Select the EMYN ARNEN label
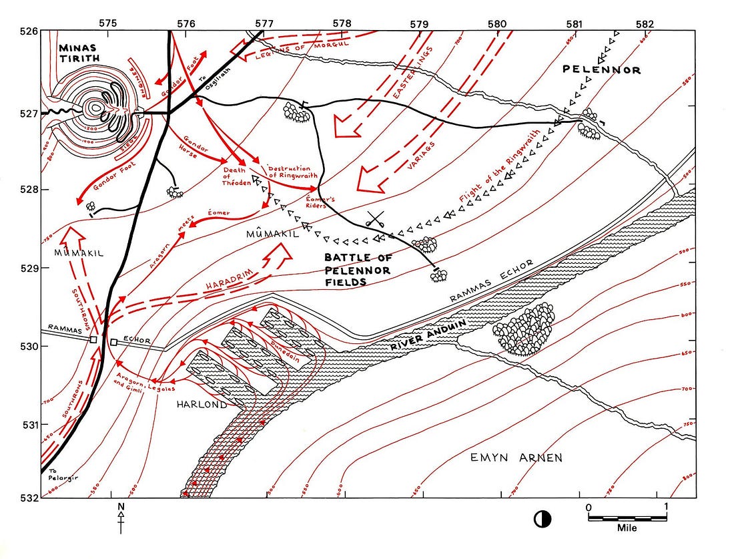coord(516,457)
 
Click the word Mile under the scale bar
coord(627,528)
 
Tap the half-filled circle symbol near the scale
coord(542,518)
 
